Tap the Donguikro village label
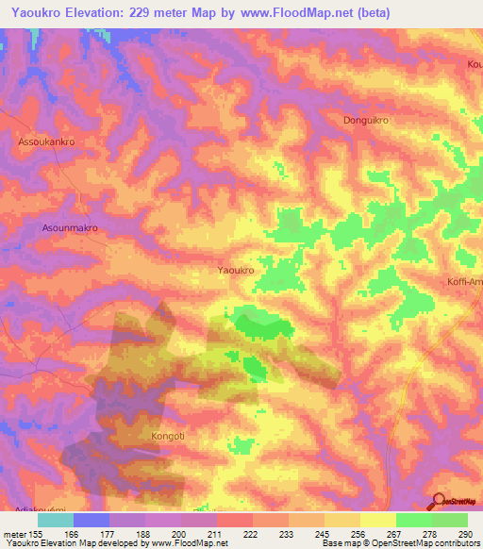tap(366, 121)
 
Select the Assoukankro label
tap(45, 141)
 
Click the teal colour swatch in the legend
tap(56, 520)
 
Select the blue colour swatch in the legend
tap(92, 520)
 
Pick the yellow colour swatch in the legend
tap(377, 520)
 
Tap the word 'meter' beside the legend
tap(15, 534)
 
